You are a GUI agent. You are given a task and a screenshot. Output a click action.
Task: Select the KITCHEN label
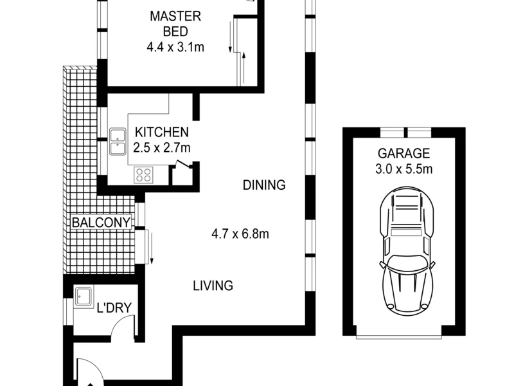(161, 133)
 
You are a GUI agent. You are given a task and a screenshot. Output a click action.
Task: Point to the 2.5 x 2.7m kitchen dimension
(161, 147)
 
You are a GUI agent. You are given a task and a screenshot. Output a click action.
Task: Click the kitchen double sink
(118, 142)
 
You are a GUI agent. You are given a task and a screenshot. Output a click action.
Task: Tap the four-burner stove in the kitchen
(143, 175)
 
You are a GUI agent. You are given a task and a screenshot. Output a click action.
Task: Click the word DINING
(263, 185)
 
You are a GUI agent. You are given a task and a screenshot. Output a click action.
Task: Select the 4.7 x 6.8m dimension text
(240, 234)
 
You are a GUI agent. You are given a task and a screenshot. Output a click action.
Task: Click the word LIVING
(213, 286)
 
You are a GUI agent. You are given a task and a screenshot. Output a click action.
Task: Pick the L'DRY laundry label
(113, 308)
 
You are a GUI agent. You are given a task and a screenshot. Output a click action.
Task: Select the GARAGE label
(403, 154)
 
